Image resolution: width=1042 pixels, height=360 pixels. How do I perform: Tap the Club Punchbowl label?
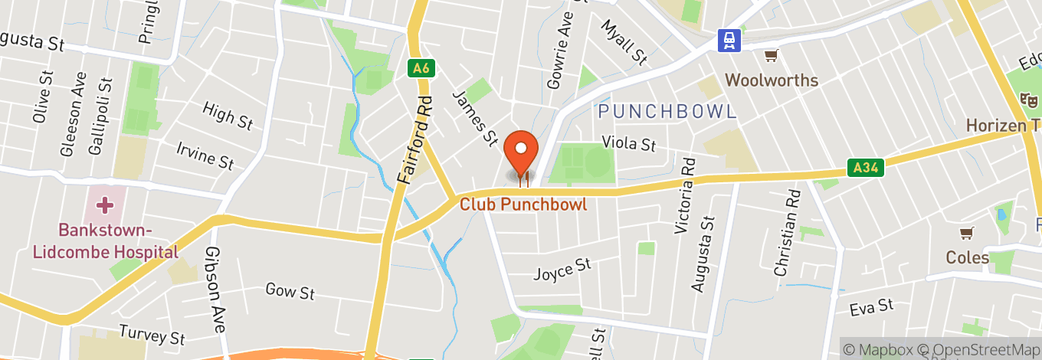click(x=523, y=205)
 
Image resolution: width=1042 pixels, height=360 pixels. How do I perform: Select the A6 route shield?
click(x=421, y=68)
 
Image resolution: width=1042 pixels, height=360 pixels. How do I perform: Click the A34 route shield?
click(x=866, y=167)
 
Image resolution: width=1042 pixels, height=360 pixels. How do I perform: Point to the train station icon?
click(x=729, y=41)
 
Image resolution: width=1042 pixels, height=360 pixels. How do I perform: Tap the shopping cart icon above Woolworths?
click(x=772, y=56)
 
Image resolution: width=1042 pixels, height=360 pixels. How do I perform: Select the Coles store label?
click(x=967, y=257)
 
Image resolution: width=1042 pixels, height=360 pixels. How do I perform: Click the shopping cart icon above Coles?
click(x=968, y=233)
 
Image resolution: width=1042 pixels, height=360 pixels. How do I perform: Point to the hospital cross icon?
click(x=105, y=205)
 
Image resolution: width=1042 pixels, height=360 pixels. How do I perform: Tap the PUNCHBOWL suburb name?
click(x=667, y=112)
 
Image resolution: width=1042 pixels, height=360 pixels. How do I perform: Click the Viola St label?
click(x=629, y=143)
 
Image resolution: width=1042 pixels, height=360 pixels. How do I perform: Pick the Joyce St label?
click(x=562, y=269)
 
